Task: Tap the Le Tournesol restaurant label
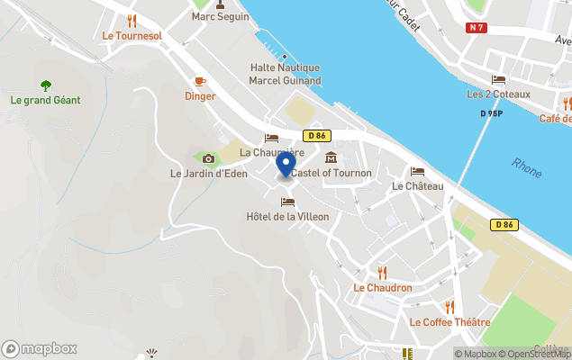(131, 36)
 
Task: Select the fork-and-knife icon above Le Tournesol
(132, 20)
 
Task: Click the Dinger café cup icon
(200, 81)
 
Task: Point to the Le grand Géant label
(45, 100)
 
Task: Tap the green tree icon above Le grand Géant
(45, 85)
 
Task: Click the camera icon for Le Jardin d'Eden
(209, 158)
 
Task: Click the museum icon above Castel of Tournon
(331, 158)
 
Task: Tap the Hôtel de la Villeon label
(287, 216)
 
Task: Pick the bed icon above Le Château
(417, 171)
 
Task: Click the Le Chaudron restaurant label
(383, 288)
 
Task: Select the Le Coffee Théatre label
(449, 322)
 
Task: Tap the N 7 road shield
(477, 28)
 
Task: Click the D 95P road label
(491, 114)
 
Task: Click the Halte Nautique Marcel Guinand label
(285, 74)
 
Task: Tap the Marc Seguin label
(219, 17)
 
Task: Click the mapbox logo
(40, 348)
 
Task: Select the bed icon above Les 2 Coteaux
(498, 79)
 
